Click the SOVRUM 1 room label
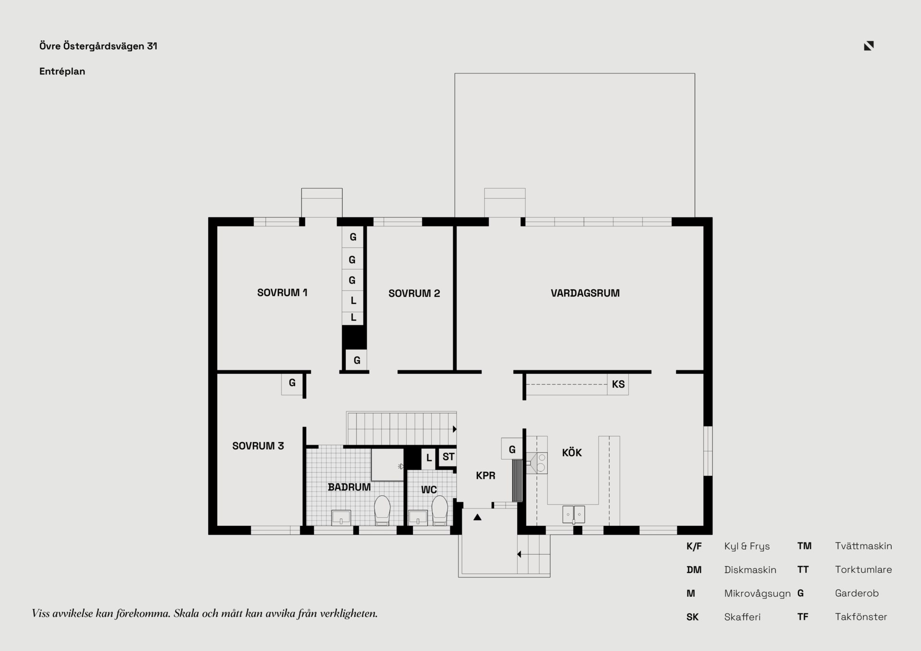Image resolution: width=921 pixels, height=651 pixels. [x=282, y=293]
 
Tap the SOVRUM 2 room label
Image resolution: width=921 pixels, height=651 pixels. [x=414, y=294]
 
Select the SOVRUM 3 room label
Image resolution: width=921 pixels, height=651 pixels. [x=258, y=446]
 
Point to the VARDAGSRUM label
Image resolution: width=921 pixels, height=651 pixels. [x=585, y=293]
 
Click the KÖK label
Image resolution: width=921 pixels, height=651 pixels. [x=572, y=452]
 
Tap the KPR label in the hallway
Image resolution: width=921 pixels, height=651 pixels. [x=485, y=476]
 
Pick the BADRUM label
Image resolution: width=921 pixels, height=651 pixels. [x=349, y=487]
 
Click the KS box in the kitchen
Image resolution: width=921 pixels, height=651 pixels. [x=618, y=384]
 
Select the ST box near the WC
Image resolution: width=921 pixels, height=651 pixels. [x=448, y=457]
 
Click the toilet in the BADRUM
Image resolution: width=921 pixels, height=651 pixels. [x=382, y=510]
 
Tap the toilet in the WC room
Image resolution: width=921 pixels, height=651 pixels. [x=439, y=510]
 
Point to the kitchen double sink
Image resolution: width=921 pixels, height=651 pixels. [x=574, y=514]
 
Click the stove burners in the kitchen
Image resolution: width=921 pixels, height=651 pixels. [x=542, y=463]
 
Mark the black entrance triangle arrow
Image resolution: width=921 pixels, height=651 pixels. [x=477, y=517]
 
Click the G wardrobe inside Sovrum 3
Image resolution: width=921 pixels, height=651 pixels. [x=292, y=384]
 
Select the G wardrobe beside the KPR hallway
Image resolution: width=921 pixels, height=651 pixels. [x=512, y=449]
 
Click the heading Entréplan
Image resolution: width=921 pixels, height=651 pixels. [x=62, y=71]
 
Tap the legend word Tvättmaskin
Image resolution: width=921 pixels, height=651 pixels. [x=863, y=546]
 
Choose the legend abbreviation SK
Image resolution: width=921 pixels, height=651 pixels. [x=692, y=617]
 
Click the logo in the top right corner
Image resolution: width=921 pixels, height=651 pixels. [x=869, y=46]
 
